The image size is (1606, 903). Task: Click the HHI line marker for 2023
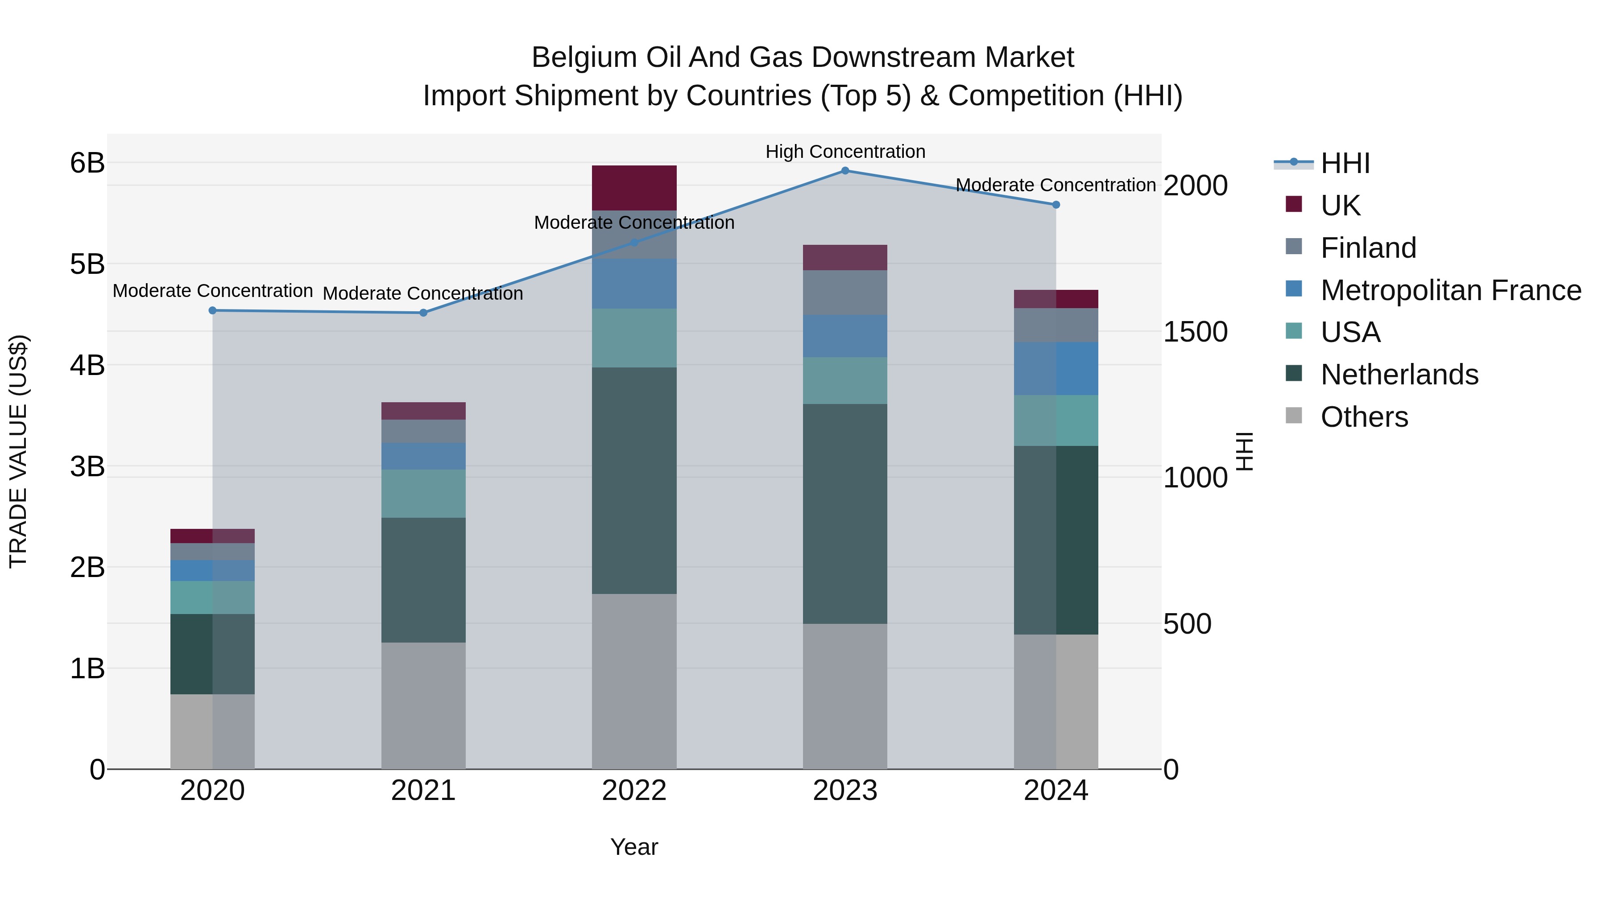click(845, 171)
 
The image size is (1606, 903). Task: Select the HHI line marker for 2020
click(213, 310)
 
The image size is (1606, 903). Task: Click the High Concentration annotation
click(845, 152)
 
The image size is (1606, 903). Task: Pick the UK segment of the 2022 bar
click(634, 188)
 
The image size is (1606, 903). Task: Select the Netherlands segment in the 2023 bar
click(845, 514)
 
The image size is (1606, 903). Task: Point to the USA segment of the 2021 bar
click(423, 494)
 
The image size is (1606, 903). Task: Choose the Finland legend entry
click(1369, 248)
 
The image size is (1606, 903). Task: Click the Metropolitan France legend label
click(1451, 290)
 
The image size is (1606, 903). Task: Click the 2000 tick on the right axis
click(1195, 186)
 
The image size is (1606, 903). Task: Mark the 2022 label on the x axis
click(634, 791)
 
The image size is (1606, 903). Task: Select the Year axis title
click(634, 847)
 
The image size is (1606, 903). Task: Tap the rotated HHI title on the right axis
click(1244, 451)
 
